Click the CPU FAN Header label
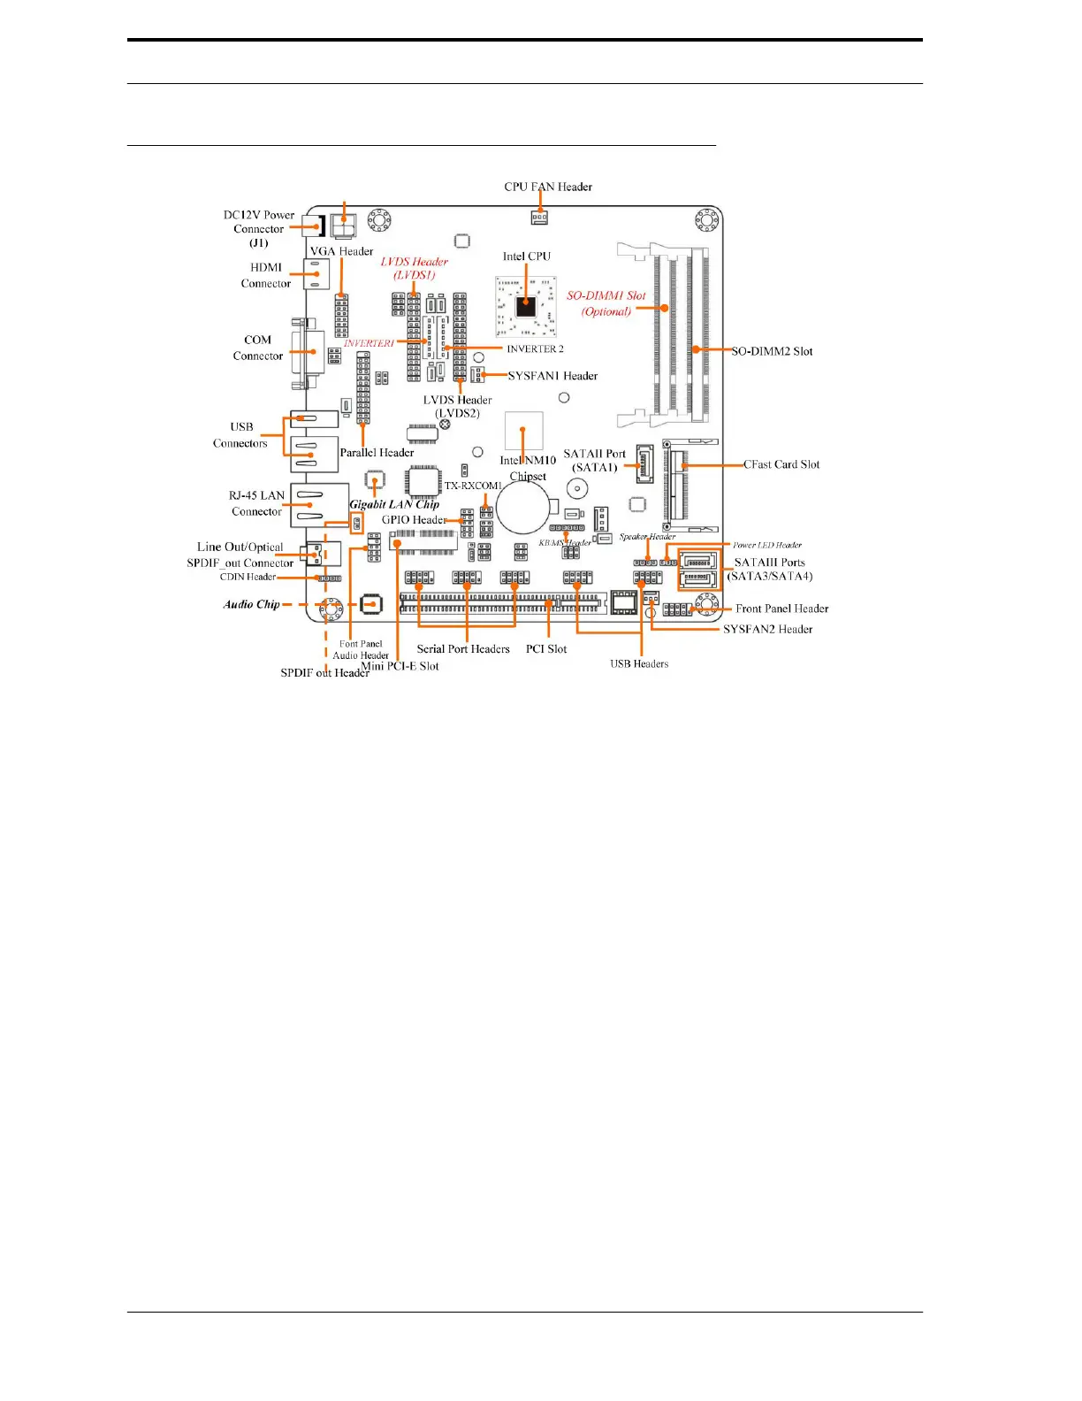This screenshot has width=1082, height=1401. (548, 187)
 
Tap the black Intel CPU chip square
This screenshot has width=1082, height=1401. (526, 306)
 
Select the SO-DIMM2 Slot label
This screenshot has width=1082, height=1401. (772, 351)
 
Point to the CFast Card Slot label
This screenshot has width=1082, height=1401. (781, 464)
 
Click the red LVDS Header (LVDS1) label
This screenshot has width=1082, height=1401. (415, 268)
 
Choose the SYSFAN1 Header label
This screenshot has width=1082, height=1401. (552, 376)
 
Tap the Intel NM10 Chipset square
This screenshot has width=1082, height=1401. (524, 431)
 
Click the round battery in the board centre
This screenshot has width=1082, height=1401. (524, 509)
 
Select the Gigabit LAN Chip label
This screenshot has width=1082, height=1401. (394, 504)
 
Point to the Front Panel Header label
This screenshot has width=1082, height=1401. (781, 609)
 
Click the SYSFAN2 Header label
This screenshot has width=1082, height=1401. (767, 629)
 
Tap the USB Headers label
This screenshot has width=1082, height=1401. (639, 663)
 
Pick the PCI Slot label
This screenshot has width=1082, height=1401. (546, 649)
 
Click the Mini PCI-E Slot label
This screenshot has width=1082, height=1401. (400, 666)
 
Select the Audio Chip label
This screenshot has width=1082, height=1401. (251, 605)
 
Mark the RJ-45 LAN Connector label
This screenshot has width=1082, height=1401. (256, 503)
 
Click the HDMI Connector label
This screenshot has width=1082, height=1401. (266, 275)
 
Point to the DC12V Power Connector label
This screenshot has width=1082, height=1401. (259, 228)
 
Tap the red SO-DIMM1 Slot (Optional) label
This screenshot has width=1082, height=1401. (606, 303)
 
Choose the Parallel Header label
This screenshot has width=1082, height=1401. (377, 453)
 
